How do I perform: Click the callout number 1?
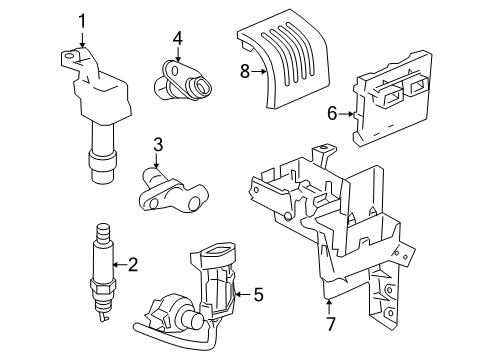point(82,19)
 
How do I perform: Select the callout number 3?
point(157,146)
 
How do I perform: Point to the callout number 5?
point(258,295)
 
